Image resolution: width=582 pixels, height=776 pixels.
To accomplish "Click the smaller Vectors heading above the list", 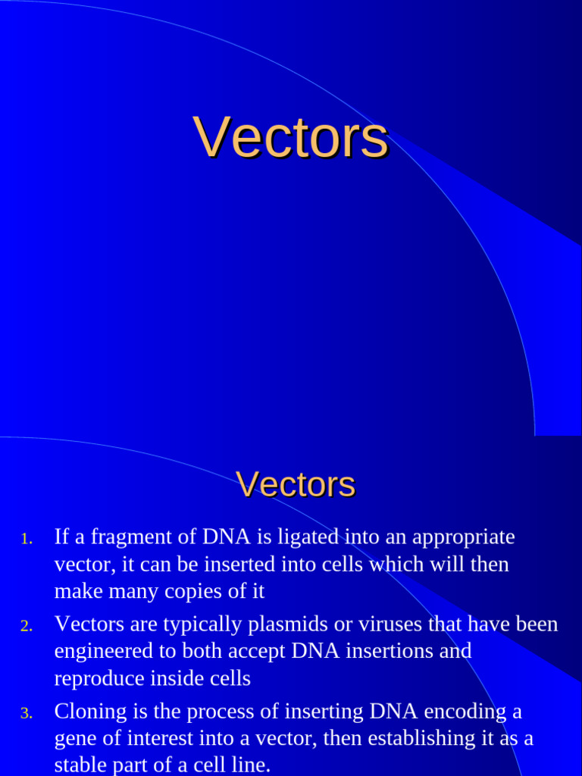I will pyautogui.click(x=295, y=484).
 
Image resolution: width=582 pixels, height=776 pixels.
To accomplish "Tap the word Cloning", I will pyautogui.click(x=89, y=712).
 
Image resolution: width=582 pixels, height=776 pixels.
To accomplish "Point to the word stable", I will pyautogui.click(x=78, y=765).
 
